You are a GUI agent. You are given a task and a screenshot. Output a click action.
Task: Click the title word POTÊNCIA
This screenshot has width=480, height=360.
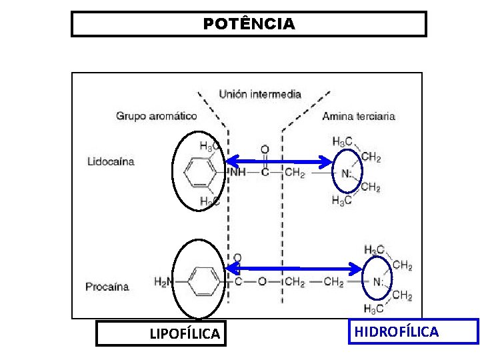249,24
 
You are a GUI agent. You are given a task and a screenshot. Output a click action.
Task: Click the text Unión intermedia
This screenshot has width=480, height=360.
260,94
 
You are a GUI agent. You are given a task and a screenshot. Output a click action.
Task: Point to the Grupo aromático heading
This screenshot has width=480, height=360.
156,115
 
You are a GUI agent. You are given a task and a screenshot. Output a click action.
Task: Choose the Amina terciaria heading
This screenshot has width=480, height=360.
359,115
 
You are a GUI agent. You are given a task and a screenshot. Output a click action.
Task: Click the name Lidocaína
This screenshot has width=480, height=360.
111,161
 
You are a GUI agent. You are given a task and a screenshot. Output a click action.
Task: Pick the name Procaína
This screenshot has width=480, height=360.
107,287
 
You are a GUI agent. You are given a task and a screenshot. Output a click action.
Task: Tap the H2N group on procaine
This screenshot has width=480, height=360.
163,282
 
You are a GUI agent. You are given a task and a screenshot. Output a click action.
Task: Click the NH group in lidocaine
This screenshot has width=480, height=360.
238,173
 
